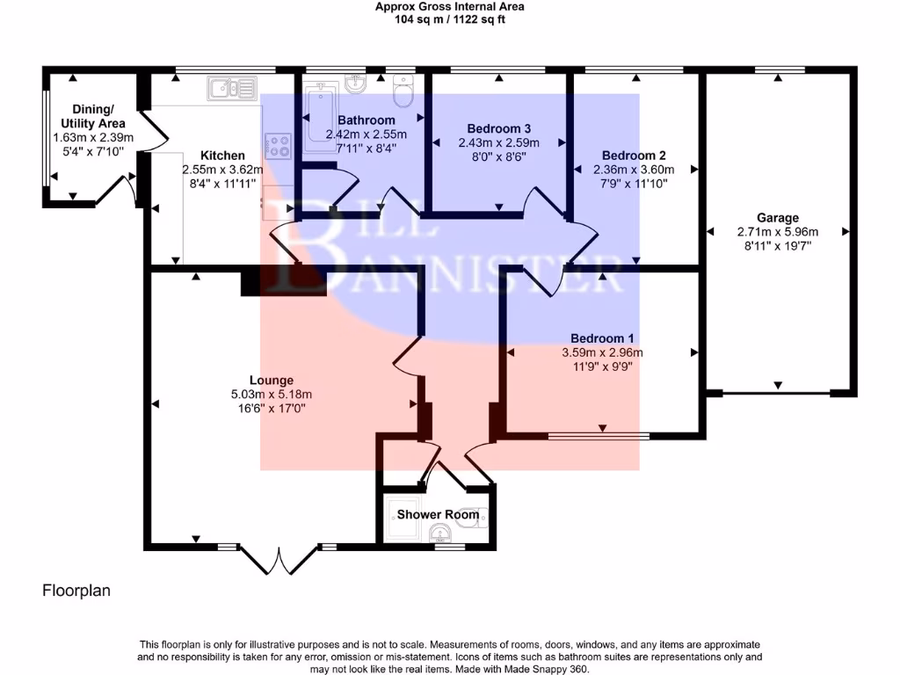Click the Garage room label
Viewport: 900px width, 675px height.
click(778, 218)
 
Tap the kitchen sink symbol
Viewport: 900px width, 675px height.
click(232, 88)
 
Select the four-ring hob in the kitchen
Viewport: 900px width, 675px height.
click(279, 146)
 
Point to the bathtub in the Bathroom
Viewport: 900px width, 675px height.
click(320, 117)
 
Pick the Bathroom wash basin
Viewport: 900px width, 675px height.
click(356, 83)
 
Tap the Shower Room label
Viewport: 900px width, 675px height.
click(438, 514)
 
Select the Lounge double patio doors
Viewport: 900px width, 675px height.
click(279, 560)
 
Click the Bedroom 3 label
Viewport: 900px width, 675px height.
click(499, 128)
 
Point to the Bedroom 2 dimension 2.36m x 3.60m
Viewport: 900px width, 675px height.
click(634, 170)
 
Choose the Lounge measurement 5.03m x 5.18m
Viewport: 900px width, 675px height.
click(272, 395)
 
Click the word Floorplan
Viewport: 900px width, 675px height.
click(76, 591)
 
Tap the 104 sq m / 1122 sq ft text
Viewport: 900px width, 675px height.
click(449, 19)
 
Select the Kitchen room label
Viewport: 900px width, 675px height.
click(222, 156)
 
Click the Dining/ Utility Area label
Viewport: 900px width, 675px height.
click(93, 116)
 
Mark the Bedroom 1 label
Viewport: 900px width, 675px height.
click(602, 338)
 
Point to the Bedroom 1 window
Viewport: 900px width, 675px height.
click(599, 436)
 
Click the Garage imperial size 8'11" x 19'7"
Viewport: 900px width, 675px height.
click(778, 246)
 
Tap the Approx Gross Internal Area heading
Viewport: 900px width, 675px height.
click(449, 7)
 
